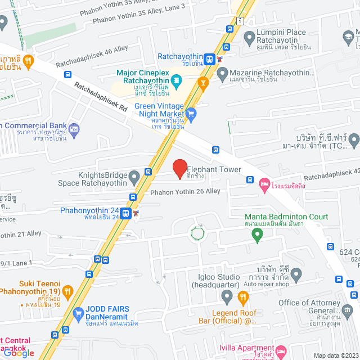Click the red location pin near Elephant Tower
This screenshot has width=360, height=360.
tap(179, 168)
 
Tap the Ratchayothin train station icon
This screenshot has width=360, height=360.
tap(209, 58)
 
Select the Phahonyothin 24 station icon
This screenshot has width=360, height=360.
tap(125, 214)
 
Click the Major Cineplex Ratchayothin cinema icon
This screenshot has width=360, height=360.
tap(176, 81)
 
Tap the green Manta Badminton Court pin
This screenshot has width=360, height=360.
tap(257, 236)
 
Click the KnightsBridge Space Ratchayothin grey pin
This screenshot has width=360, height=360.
tap(134, 178)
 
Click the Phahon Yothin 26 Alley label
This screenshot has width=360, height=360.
tap(185, 192)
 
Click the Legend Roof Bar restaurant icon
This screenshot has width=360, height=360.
tap(243, 297)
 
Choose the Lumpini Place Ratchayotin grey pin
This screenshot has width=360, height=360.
tap(250, 38)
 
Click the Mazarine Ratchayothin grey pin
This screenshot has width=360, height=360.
tap(223, 73)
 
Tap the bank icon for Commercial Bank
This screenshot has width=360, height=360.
tap(74, 131)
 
